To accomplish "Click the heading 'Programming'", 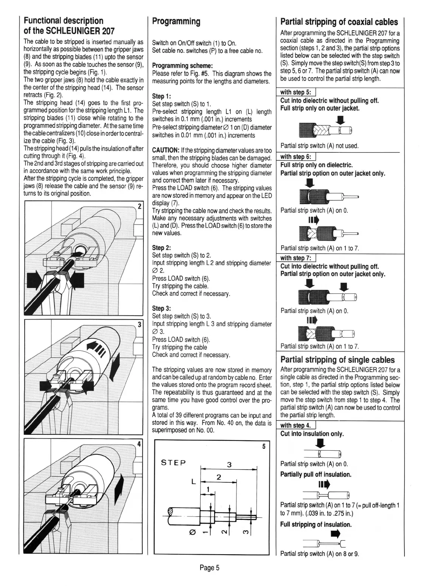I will [x=176, y=21].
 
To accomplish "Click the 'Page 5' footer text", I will [x=210, y=567].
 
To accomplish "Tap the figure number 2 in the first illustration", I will [x=139, y=206].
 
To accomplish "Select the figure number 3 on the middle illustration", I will [x=139, y=324].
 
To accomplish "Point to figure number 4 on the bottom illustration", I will [x=139, y=443].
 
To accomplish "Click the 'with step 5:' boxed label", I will [x=295, y=93].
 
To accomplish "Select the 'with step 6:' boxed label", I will [x=295, y=157].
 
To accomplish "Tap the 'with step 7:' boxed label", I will [x=295, y=258].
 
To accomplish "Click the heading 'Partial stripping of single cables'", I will [x=337, y=360].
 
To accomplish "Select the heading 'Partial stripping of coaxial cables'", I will [x=339, y=22].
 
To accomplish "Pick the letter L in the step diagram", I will [x=193, y=482].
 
